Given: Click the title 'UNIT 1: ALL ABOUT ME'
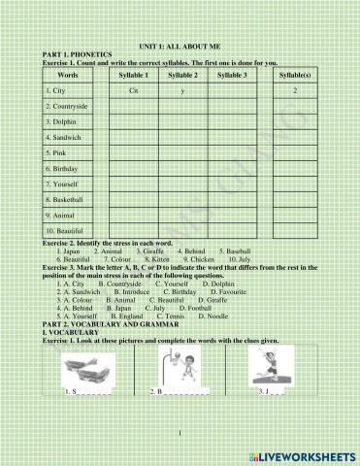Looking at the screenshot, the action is (x=180, y=46).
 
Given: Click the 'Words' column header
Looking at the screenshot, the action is (x=68, y=74).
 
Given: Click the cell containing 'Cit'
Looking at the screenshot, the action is (x=133, y=89).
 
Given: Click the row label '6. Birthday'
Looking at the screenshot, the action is (x=59, y=167).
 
